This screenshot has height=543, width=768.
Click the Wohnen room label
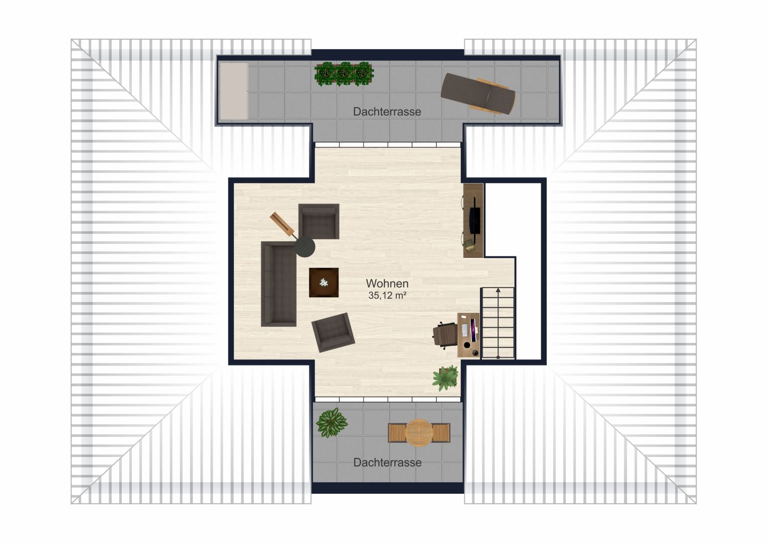coord(387,284)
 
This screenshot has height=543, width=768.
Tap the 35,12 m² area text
coord(387,295)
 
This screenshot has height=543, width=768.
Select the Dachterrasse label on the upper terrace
coord(387,112)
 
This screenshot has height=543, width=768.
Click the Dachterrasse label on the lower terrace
coord(387,463)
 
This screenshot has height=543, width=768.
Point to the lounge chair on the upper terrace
coord(478,93)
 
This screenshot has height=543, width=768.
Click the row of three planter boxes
coord(344,74)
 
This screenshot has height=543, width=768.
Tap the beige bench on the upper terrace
coord(234,91)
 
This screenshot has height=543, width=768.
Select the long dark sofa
coord(279,284)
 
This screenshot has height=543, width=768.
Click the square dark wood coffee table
coord(324,283)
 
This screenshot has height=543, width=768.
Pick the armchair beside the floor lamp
coord(319,221)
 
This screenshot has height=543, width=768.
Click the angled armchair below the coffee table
coord(333,332)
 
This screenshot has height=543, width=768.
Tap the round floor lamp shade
coord(305,246)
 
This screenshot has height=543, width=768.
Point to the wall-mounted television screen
coord(475,215)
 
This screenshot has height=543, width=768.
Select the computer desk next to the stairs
coord(468,335)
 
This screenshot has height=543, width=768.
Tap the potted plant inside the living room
coord(446,378)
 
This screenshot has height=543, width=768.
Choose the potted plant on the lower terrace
coord(331,423)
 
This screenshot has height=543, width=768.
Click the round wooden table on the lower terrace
coord(419,432)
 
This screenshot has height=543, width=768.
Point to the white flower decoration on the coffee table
coord(323,283)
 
